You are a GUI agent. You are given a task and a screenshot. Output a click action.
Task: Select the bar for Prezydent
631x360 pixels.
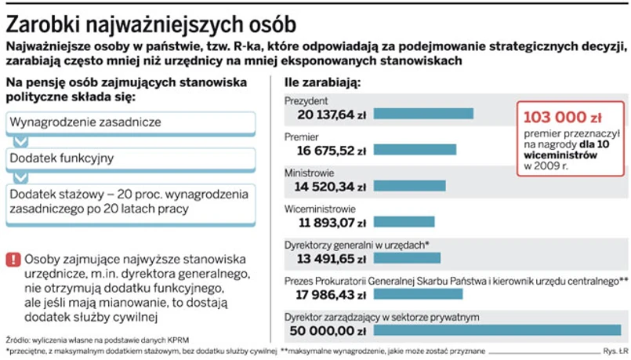423,114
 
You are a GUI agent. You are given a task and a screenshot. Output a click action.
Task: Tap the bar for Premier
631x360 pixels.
415,150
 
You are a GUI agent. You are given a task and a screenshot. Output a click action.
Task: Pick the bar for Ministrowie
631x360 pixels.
408,186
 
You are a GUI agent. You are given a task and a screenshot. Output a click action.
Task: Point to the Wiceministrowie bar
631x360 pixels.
404,222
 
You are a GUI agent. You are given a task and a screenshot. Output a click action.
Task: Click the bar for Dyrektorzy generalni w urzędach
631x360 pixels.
407,258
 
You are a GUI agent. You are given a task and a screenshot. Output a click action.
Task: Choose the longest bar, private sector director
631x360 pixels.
497,330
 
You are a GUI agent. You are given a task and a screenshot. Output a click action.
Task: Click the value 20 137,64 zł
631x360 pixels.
332,115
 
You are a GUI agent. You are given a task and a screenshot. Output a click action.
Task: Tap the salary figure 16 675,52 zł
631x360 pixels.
332,151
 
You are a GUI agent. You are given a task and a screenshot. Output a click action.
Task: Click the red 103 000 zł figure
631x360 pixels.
562,118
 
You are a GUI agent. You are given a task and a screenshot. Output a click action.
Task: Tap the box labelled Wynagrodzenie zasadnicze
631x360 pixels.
130,122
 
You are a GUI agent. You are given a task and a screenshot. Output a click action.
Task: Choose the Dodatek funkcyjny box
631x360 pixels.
130,158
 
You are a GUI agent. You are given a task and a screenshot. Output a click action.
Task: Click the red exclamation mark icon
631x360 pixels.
13,260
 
